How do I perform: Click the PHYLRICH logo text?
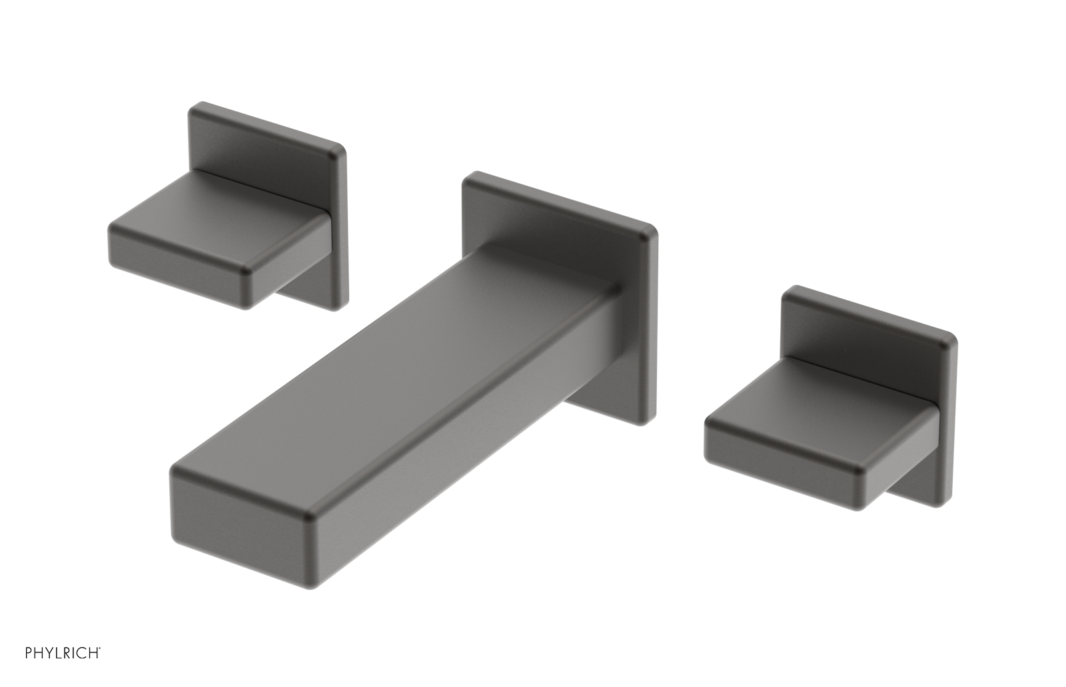(x=63, y=653)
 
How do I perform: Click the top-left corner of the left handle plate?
(x=195, y=107)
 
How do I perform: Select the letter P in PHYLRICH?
(x=29, y=653)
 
